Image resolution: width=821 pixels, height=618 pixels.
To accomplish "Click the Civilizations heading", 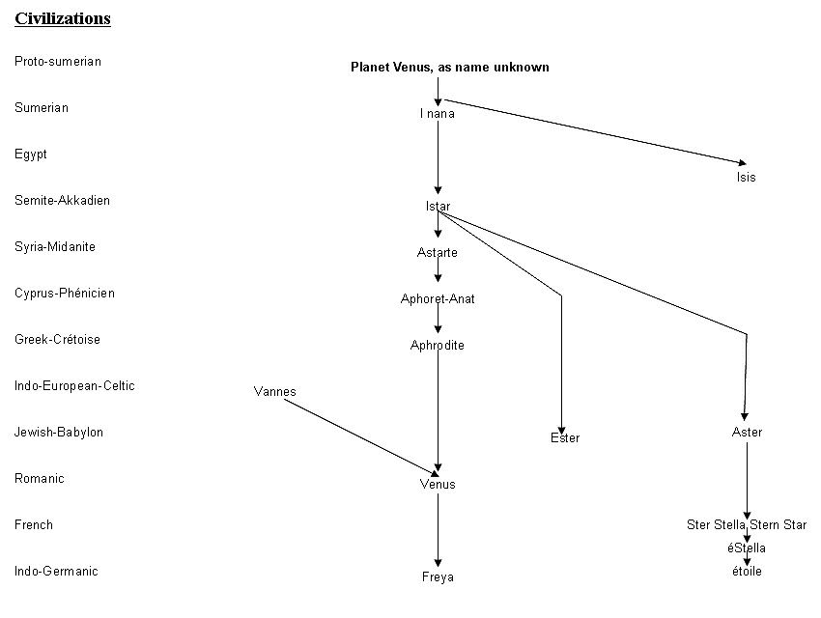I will click(63, 18).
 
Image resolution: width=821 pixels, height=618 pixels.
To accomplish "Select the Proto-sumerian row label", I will click(58, 62).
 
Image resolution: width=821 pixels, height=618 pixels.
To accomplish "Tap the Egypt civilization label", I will click(31, 154).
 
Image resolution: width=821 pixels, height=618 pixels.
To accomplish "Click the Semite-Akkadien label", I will click(63, 201).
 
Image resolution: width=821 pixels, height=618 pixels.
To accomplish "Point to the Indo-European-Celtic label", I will click(74, 386).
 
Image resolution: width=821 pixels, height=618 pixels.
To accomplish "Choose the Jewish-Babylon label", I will click(59, 433).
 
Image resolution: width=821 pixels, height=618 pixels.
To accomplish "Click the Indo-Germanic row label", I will click(56, 572).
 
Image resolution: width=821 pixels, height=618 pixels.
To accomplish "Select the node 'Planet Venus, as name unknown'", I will click(450, 68).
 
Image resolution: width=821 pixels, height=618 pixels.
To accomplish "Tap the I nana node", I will click(438, 114).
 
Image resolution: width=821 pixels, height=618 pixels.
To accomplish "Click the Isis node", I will click(746, 178).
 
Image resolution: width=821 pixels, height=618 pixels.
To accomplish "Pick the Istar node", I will click(438, 207).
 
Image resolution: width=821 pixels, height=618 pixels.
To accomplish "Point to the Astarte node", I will click(438, 253).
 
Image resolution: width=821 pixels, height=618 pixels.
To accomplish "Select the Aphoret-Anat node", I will click(438, 299).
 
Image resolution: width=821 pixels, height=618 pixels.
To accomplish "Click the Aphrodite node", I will click(438, 346).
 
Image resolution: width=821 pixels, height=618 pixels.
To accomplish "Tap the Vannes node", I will click(275, 392).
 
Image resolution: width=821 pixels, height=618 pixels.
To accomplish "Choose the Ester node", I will click(565, 438).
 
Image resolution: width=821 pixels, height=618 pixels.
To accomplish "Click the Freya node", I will click(438, 577).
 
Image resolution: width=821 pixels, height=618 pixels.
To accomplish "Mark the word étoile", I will click(747, 572).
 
